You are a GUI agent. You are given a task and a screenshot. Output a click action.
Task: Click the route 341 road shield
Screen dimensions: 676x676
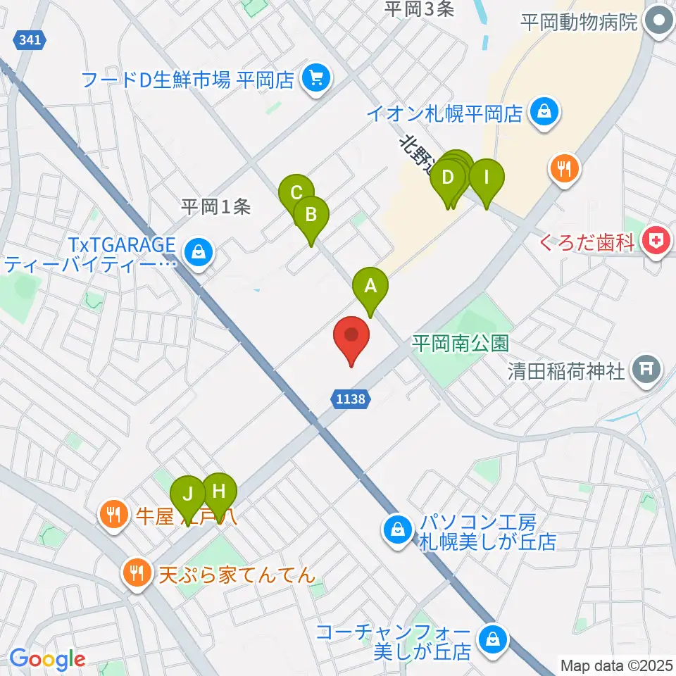tap(30, 41)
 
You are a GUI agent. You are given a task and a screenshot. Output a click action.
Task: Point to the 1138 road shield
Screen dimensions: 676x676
tap(350, 399)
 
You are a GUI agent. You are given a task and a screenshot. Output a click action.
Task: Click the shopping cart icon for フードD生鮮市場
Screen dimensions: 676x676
tap(314, 79)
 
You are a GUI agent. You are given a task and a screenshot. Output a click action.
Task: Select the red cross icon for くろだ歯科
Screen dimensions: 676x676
tap(656, 242)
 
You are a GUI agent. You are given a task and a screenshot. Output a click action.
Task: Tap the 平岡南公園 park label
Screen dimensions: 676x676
tap(461, 343)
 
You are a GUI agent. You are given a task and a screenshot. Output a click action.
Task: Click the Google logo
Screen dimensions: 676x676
tap(47, 659)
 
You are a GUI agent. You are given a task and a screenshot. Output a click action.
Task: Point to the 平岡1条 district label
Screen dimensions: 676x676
tap(215, 207)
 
